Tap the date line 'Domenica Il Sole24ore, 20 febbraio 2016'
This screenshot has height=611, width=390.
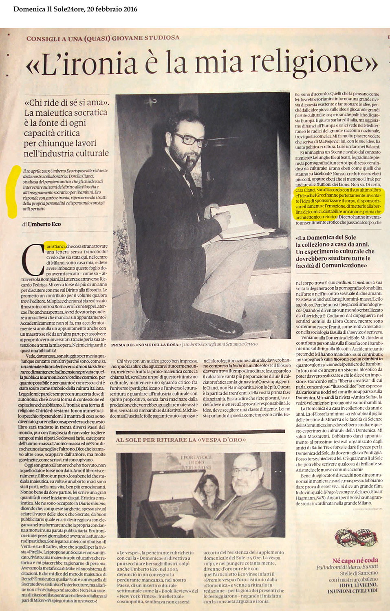point(75,9)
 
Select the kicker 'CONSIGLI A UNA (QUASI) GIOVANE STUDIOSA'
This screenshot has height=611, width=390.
point(103,38)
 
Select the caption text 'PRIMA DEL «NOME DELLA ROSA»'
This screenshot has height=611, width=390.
point(146,345)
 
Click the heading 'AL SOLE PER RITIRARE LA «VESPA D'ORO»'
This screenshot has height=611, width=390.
point(181,440)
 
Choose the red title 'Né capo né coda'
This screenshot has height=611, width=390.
point(355,560)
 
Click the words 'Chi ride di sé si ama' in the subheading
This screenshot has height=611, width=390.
point(66,102)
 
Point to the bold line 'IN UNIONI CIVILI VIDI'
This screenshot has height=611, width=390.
point(353,591)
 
